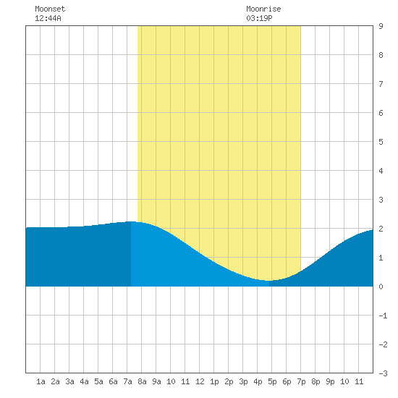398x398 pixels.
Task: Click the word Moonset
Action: tap(50, 9)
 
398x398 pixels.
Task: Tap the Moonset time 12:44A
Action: tap(48, 18)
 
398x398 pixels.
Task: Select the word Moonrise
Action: tap(263, 9)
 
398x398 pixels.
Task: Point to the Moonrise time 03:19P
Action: tap(259, 18)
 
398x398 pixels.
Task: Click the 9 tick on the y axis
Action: tap(381, 26)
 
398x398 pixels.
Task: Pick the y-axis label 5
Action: tap(381, 142)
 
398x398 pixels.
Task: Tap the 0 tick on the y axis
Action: tap(381, 287)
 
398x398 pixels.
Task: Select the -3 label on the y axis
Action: tap(383, 373)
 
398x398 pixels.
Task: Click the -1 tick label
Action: tap(383, 316)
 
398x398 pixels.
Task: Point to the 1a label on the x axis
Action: tap(41, 381)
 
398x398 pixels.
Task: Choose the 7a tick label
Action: tap(127, 381)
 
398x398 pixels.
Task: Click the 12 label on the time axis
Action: tap(200, 381)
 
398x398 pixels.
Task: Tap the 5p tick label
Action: tap(272, 381)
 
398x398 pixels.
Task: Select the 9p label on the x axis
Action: tap(330, 381)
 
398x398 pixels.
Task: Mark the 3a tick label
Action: tap(69, 381)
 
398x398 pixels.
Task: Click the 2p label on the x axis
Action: tap(229, 381)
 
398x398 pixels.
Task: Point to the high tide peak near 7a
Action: tap(131, 221)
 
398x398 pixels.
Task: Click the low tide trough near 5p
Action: tap(268, 281)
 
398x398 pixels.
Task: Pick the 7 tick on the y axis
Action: tap(381, 84)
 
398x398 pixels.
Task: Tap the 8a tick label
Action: tap(142, 381)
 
